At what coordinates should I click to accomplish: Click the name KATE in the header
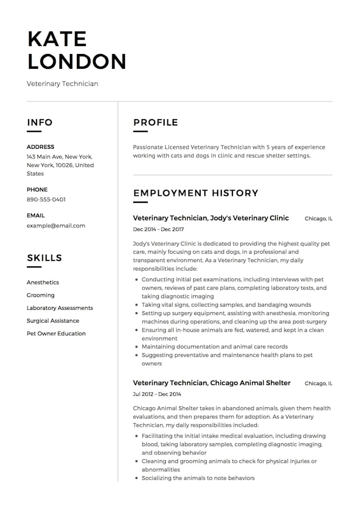tap(57, 39)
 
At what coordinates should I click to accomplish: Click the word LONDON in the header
tap(77, 61)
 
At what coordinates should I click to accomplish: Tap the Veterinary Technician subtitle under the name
tap(62, 84)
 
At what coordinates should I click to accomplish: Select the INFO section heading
tap(40, 122)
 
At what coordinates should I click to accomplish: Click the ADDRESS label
tap(40, 147)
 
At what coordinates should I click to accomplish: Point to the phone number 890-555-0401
tap(46, 200)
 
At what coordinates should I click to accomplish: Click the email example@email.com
tap(56, 226)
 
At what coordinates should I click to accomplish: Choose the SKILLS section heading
tap(44, 258)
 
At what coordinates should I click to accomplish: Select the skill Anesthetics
tap(43, 282)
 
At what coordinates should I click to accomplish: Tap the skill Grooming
tap(41, 295)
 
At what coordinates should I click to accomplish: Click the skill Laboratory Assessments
tap(60, 308)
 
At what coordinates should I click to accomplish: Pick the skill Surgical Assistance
tap(53, 320)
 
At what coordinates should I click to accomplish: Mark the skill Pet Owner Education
tap(56, 333)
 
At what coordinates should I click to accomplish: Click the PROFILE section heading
tap(156, 122)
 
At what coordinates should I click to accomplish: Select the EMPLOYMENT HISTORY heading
tap(196, 193)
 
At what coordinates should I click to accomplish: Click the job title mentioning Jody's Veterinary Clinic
tap(211, 218)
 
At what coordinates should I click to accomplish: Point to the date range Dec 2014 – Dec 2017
tap(158, 229)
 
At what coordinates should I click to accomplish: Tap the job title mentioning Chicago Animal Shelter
tap(212, 383)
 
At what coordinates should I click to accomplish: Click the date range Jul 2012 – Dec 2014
tap(157, 394)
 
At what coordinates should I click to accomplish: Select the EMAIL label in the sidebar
tap(35, 216)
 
